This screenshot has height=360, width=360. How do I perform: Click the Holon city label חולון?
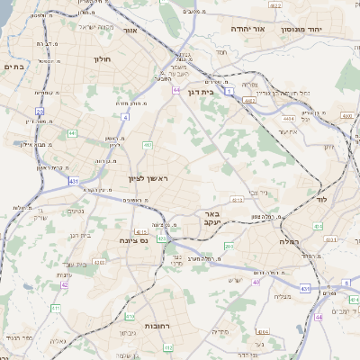(x=102, y=59)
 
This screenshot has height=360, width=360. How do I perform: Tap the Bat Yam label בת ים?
(x=14, y=66)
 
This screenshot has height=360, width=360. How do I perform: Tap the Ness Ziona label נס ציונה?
(x=132, y=240)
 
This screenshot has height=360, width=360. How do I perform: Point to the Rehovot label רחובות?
(x=133, y=326)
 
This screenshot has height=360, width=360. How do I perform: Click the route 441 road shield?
(x=71, y=133)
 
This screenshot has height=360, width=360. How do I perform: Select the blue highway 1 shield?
(x=229, y=92)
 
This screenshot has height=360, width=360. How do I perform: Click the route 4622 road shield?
(x=275, y=5)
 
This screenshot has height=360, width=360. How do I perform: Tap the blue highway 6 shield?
(x=318, y=318)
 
